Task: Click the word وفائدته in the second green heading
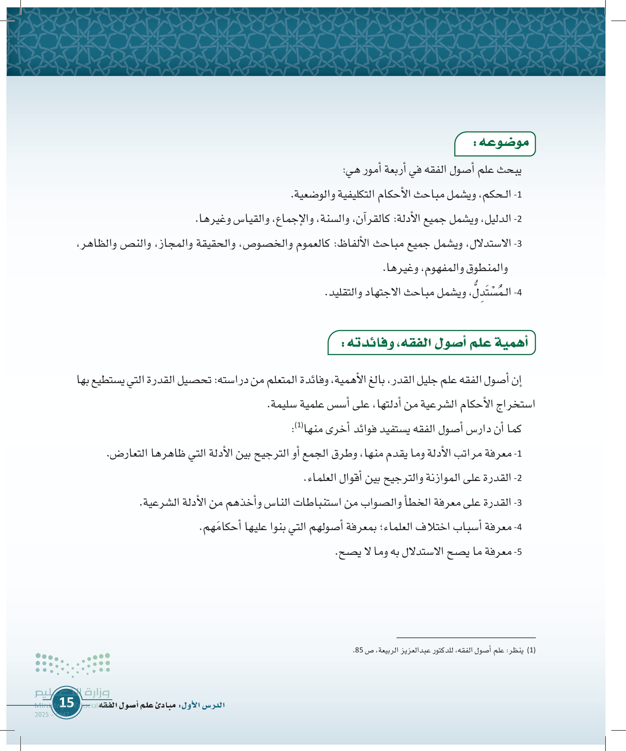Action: click(372, 342)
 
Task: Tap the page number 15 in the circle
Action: click(66, 702)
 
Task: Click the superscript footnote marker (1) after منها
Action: click(299, 425)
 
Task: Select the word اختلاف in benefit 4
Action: click(434, 527)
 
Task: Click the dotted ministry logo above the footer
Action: click(73, 664)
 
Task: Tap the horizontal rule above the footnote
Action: click(466, 638)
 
